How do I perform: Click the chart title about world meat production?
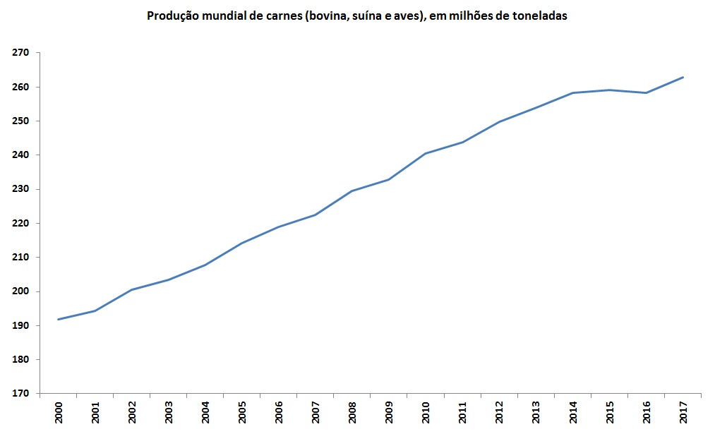pos(356,16)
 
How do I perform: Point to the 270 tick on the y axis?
pos(20,53)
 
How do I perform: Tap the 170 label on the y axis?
pos(20,394)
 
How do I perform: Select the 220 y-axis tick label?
pos(20,224)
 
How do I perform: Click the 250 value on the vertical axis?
pos(20,121)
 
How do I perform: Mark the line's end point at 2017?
pos(683,77)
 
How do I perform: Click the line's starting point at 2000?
pos(59,319)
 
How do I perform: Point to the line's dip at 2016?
pos(647,92)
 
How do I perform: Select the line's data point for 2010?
pos(426,153)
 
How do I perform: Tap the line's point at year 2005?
pos(242,243)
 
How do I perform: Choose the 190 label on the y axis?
pos(20,326)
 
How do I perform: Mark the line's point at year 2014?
pos(573,92)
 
